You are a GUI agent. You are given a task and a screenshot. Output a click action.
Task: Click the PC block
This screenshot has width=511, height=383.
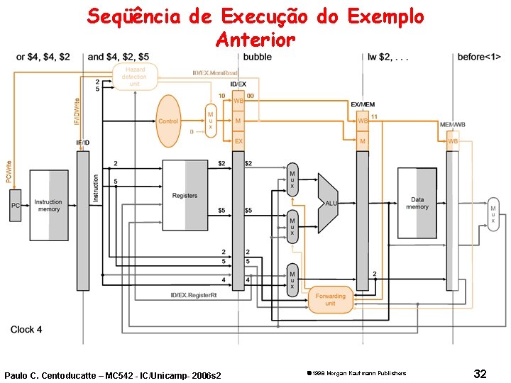[x=15, y=206]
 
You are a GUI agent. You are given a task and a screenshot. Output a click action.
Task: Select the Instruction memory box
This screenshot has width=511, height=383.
[x=48, y=205]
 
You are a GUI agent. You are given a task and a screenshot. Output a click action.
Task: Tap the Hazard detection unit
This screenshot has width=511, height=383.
[x=134, y=77]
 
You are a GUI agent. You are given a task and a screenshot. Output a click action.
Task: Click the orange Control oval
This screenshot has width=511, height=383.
[x=168, y=121]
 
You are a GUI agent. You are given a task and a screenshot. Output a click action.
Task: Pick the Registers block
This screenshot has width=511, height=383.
[x=185, y=195]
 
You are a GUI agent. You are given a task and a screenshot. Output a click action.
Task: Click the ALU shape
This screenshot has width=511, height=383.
[x=328, y=203]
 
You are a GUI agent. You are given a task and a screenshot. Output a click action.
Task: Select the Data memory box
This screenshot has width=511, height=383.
[x=417, y=204]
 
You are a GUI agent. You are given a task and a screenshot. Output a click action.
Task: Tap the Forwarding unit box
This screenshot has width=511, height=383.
[x=331, y=300]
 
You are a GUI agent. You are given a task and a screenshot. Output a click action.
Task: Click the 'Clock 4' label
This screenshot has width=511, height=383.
[x=26, y=330]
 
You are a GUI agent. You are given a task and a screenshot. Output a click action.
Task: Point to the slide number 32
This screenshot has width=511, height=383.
[x=480, y=374]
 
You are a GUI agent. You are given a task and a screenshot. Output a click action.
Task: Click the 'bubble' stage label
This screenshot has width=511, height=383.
[x=257, y=57]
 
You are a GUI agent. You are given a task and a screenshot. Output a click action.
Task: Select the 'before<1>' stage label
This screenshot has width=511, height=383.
[x=479, y=57]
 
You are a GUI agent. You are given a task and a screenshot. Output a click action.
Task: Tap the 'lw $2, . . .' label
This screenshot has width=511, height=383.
[x=388, y=57]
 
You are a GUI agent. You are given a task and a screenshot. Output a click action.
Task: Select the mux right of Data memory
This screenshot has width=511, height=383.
[x=493, y=214]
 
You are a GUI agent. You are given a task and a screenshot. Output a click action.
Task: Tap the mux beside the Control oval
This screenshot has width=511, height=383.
[x=210, y=121]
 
